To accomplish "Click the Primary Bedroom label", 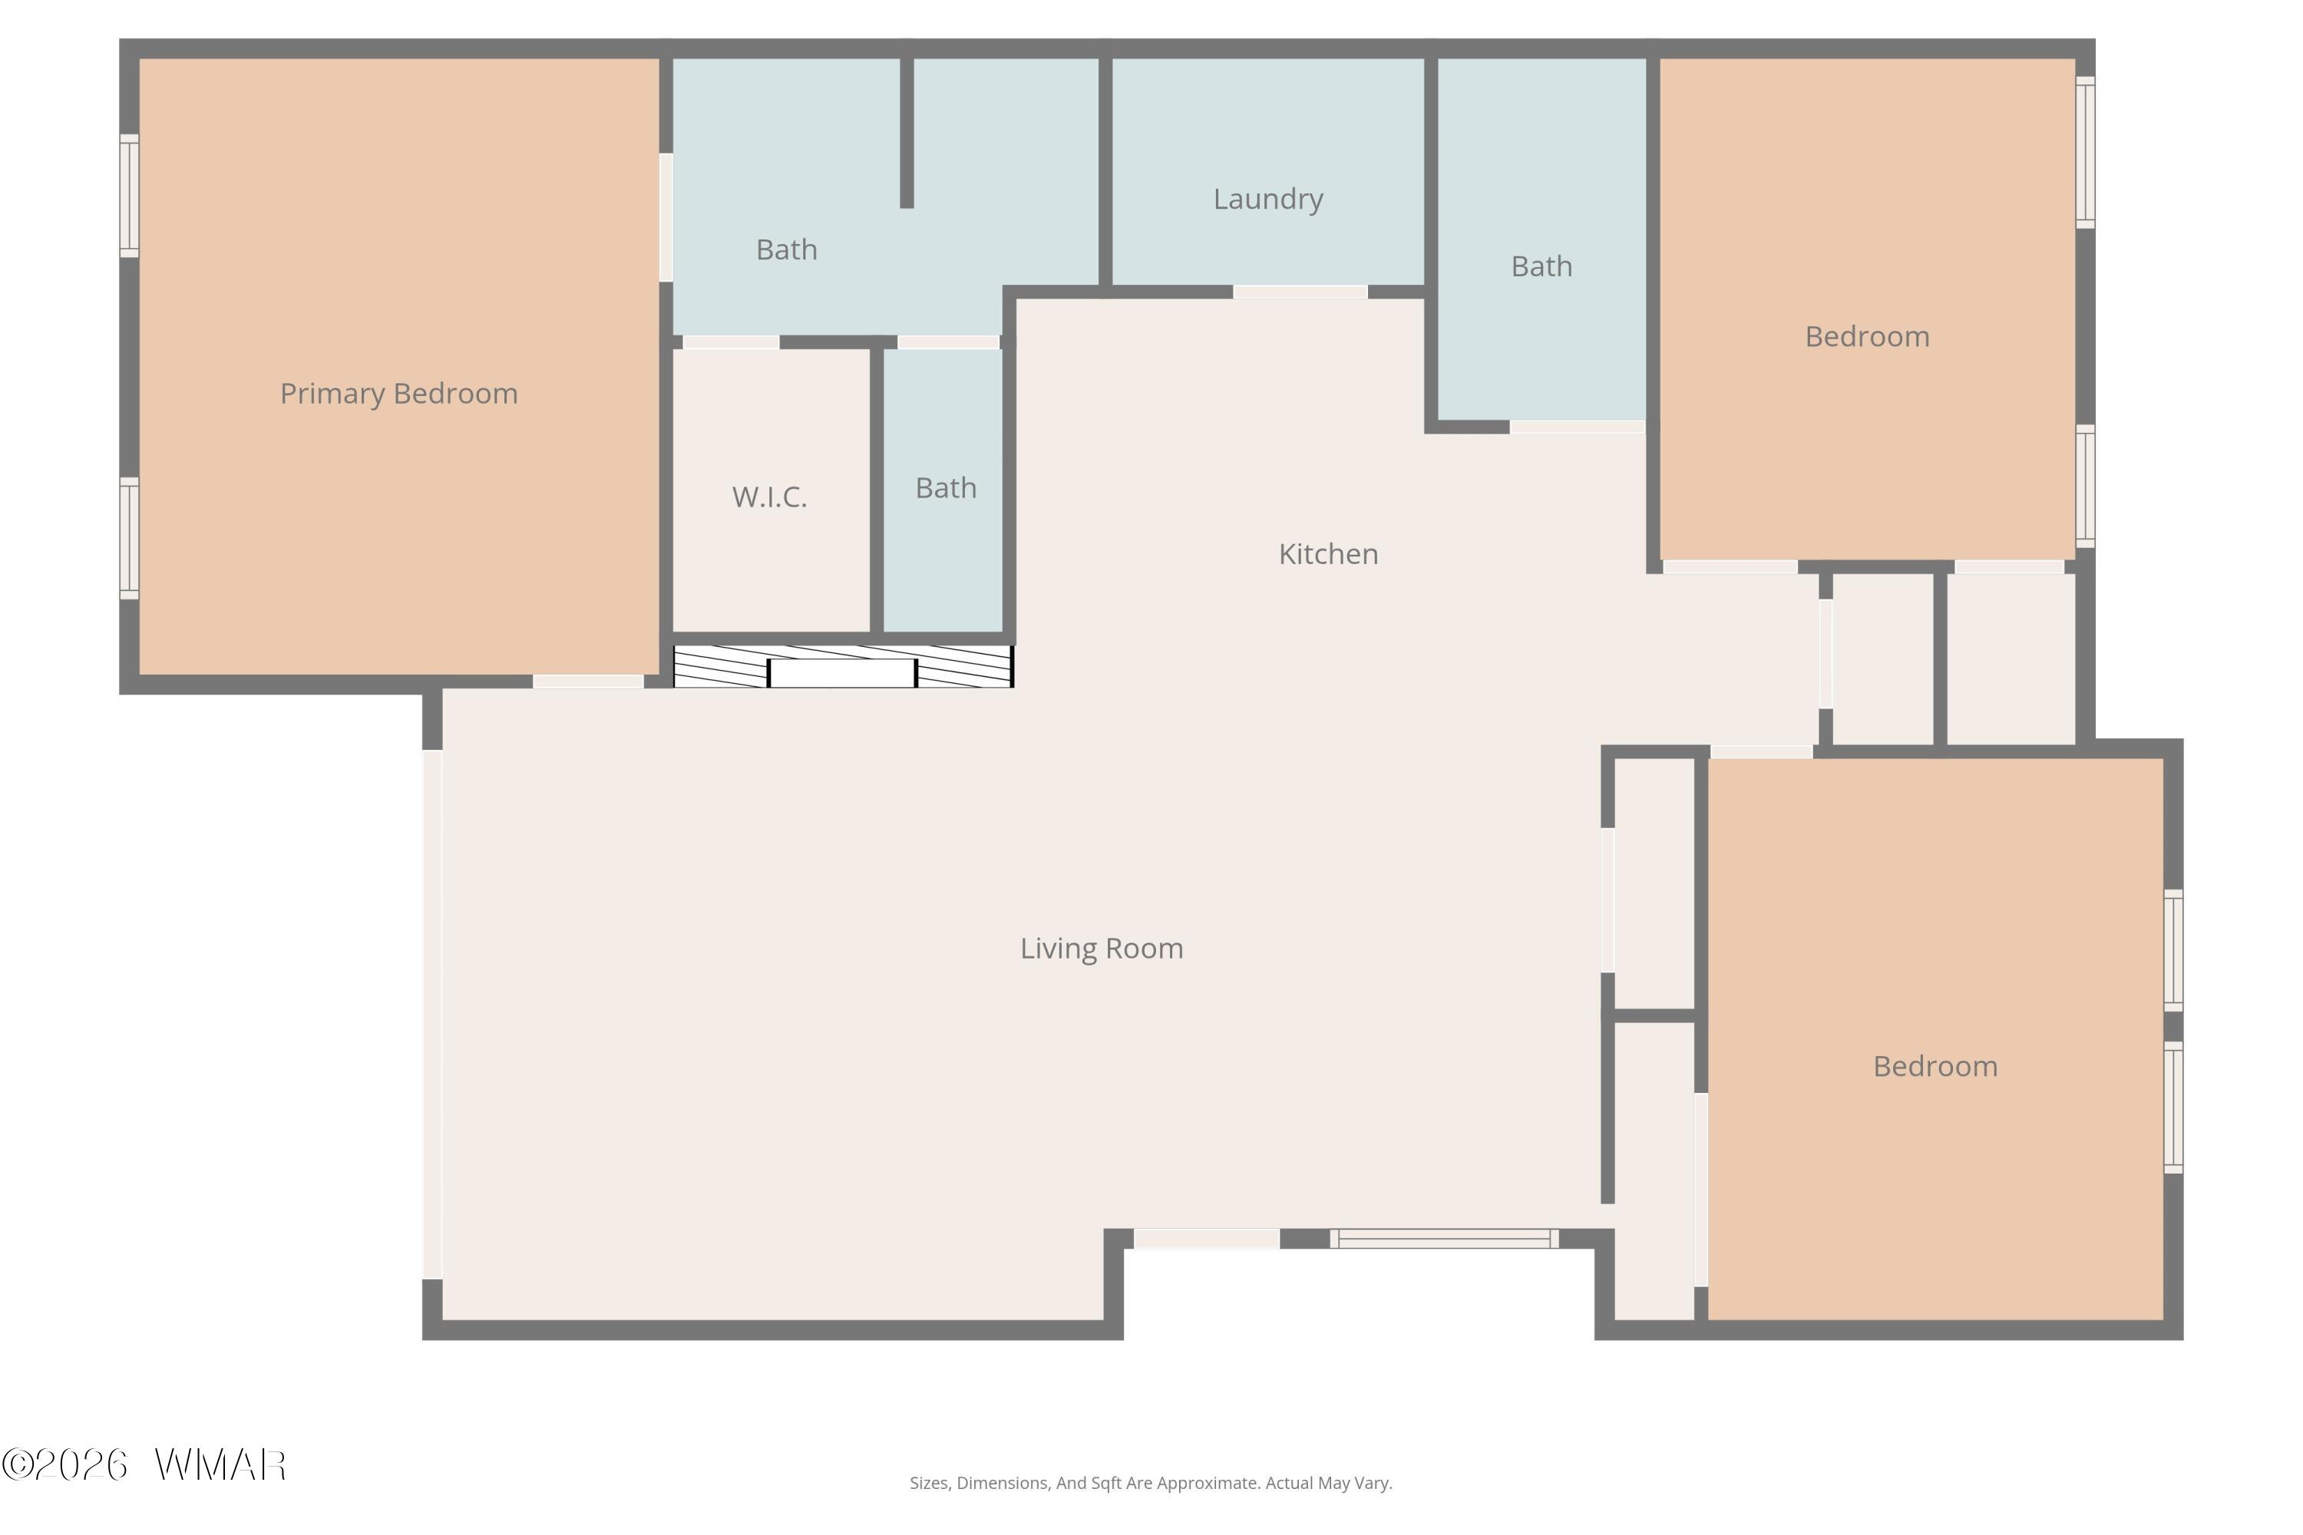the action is point(398,394).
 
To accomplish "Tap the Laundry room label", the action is point(1268,200).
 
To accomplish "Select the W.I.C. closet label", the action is point(770,497).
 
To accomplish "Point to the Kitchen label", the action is point(1328,554).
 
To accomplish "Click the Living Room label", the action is point(1102,949).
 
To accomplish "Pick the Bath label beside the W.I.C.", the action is point(946,487).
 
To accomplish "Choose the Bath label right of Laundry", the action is point(1541,266).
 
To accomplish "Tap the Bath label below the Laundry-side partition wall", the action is point(786,249).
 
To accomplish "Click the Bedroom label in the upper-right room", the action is point(1867,337).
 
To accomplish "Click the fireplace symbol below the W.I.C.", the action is point(843,667).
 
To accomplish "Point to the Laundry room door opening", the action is point(1300,292).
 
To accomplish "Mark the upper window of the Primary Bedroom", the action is point(129,196).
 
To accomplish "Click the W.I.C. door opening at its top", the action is point(731,342).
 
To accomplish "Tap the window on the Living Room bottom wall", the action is point(1444,1239).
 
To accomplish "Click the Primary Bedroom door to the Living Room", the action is point(587,682).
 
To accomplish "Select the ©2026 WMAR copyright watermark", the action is point(144,1464).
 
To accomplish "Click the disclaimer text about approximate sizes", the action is point(1151,1483).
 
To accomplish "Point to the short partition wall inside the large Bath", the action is point(907,133).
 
